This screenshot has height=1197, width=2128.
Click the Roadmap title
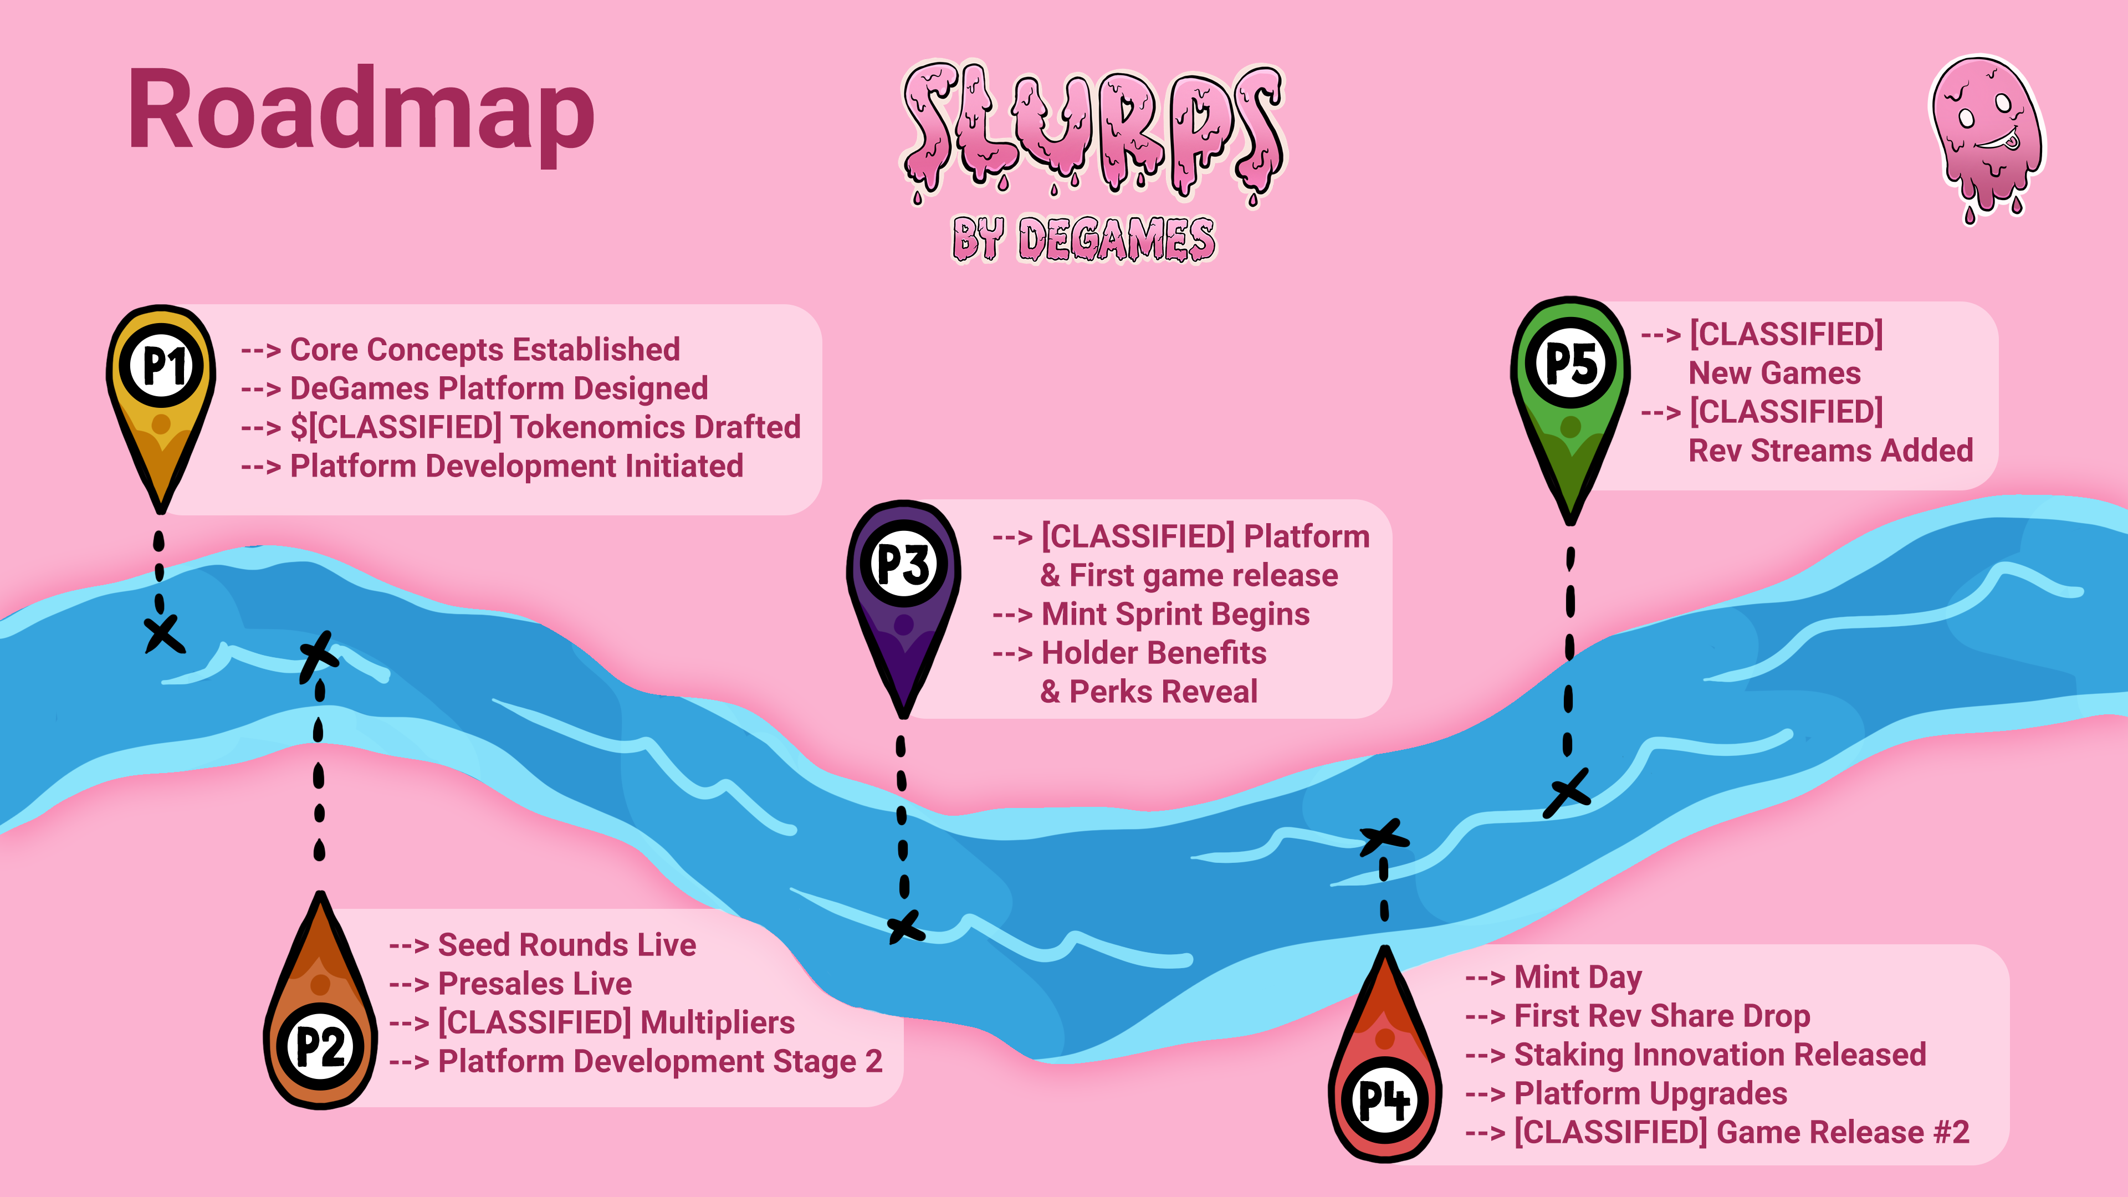tap(361, 114)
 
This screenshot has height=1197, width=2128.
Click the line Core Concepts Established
tap(460, 350)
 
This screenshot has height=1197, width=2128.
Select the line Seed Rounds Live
tap(542, 944)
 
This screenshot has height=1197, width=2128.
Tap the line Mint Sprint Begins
tap(1151, 614)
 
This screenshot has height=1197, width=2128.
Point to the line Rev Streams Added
tap(1830, 450)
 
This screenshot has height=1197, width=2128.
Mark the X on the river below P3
tap(906, 927)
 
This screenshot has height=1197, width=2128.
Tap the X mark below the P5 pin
tap(1567, 793)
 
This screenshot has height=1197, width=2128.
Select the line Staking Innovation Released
tap(1695, 1055)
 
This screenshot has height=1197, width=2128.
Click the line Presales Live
tap(510, 983)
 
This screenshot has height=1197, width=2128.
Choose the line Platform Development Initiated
tap(492, 466)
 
